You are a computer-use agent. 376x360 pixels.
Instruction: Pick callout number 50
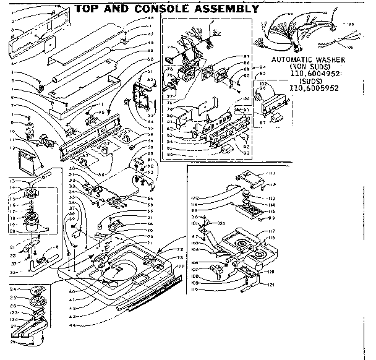point(150,59)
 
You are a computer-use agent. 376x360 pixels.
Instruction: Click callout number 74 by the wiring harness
point(169,47)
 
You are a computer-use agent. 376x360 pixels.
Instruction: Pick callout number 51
point(150,72)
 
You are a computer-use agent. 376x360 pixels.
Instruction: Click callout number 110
point(197,289)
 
